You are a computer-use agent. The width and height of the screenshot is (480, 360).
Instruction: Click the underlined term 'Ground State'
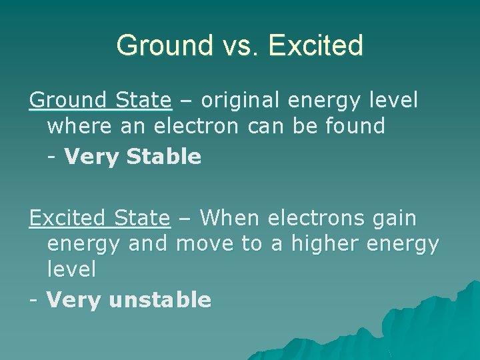click(x=100, y=100)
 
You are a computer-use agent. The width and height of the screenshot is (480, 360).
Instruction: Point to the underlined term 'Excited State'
click(x=99, y=217)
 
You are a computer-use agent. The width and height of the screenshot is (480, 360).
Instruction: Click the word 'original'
click(x=241, y=100)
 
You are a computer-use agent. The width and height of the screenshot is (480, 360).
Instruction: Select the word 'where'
click(x=79, y=126)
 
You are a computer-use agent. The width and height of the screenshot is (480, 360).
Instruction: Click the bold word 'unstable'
click(x=159, y=300)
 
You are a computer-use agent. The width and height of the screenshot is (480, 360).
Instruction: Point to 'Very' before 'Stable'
click(x=90, y=157)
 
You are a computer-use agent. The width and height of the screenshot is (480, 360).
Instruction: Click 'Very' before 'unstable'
click(x=73, y=300)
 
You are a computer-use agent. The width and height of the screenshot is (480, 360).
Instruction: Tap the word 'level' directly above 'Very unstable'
click(x=71, y=269)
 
